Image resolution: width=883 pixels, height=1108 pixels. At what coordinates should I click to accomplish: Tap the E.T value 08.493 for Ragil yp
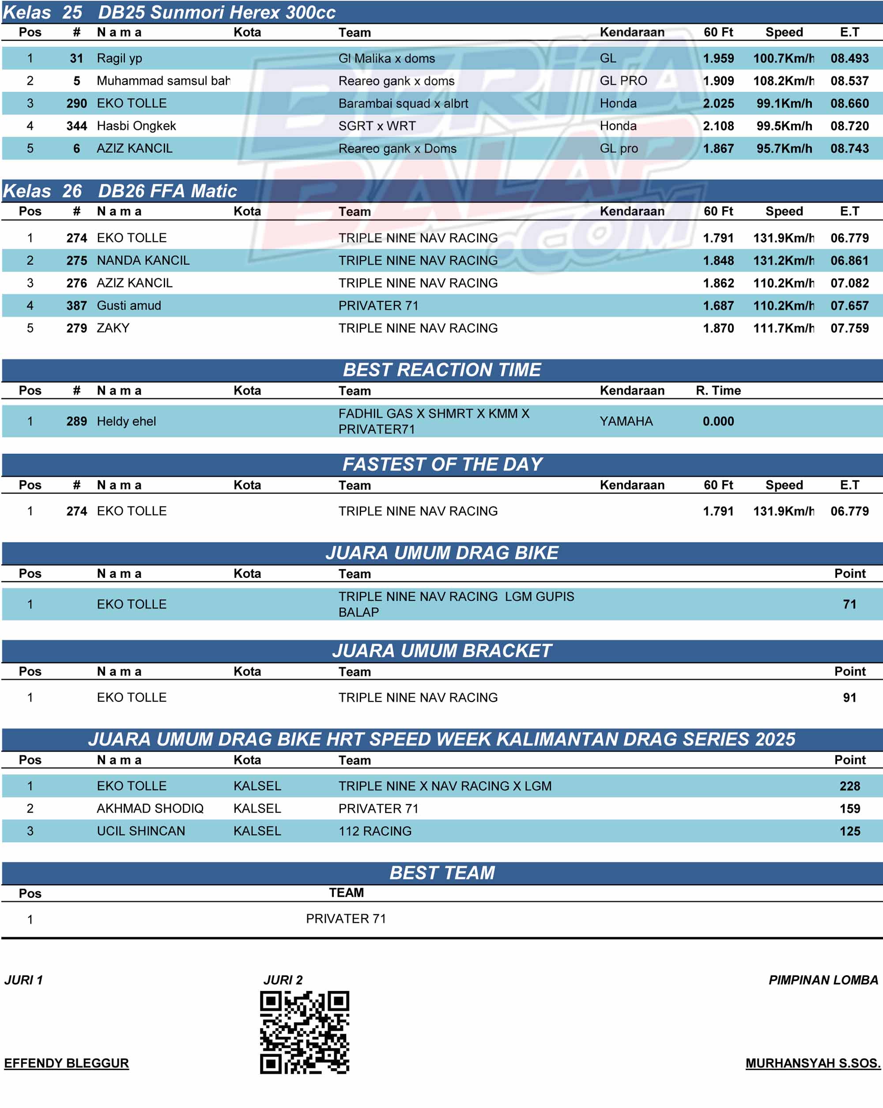click(849, 59)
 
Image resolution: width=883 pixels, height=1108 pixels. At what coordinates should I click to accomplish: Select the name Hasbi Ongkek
click(136, 126)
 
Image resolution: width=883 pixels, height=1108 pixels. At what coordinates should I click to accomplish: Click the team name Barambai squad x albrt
click(403, 104)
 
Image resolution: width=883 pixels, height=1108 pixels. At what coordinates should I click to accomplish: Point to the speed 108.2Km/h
click(783, 81)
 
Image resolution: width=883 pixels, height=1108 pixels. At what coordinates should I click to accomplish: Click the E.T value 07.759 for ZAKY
click(849, 328)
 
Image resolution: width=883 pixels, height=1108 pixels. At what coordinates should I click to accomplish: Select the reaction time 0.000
click(718, 422)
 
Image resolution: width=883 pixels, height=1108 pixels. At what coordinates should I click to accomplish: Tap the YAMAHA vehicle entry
click(626, 422)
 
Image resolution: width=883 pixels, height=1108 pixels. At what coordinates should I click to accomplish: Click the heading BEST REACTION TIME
click(441, 370)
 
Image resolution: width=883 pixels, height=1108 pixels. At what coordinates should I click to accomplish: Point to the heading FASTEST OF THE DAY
click(442, 464)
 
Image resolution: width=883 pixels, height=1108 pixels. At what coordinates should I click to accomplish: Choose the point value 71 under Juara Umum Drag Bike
click(849, 604)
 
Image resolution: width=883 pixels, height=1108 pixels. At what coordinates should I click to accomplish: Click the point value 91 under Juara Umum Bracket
click(849, 698)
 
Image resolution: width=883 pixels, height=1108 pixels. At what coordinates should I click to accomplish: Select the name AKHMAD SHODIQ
click(150, 809)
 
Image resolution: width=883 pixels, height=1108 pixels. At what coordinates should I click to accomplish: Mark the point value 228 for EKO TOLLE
click(849, 786)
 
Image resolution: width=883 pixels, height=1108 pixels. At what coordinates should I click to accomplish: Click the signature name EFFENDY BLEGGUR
click(66, 1063)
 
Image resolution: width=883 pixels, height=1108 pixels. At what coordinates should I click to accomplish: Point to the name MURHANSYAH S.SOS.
click(813, 1063)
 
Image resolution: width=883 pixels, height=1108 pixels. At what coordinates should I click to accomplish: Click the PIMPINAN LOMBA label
click(823, 980)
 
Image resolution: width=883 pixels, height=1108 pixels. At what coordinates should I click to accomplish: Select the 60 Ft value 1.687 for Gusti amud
click(718, 306)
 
